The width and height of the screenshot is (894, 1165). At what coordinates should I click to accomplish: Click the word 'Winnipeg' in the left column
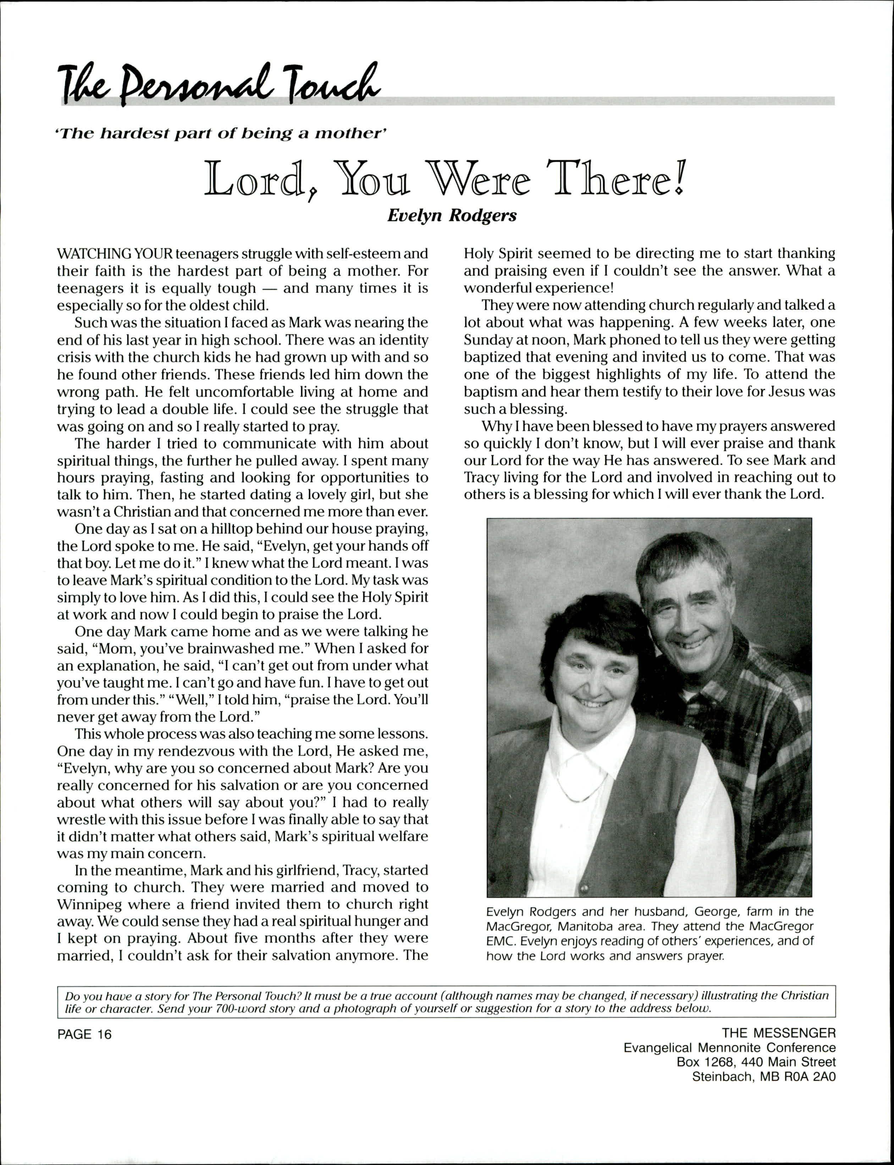pos(88,904)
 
